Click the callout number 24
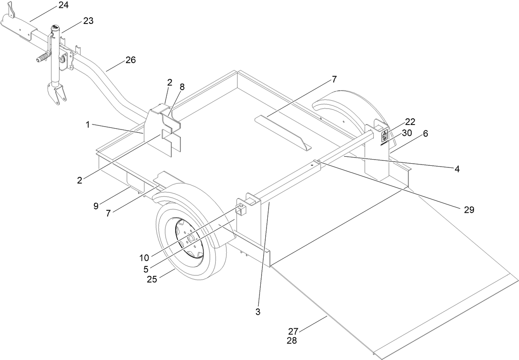pos(64,5)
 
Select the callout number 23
pos(88,21)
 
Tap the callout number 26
pos(130,60)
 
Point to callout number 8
pos(182,87)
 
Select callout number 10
pos(144,258)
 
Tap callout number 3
pos(258,312)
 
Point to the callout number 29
pos(469,209)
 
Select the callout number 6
pos(425,134)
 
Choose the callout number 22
pos(410,122)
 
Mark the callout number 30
pos(407,133)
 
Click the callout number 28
pos(292,341)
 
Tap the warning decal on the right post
pos(384,136)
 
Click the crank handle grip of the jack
pos(42,59)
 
